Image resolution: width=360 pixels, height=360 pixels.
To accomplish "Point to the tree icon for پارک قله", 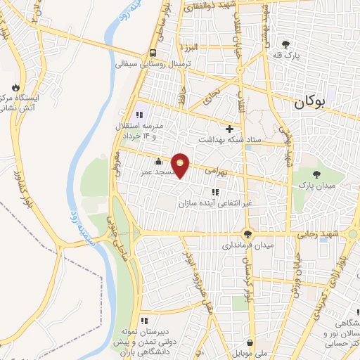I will pyautogui.click(x=285, y=44).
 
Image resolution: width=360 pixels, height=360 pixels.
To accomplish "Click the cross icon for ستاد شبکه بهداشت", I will pyautogui.click(x=229, y=129).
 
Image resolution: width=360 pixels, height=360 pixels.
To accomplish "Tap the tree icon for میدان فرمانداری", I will pyautogui.click(x=247, y=234).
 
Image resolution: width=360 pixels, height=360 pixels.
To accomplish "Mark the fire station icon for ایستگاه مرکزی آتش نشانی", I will pyautogui.click(x=13, y=87).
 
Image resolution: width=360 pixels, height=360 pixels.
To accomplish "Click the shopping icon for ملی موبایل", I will pyautogui.click(x=249, y=342).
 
